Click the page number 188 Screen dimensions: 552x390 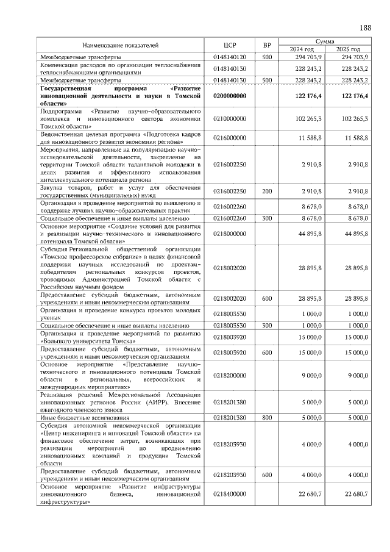(366, 28)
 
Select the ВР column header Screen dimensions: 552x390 (266, 45)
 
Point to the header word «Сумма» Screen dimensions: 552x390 (324, 41)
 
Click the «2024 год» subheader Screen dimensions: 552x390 (302, 49)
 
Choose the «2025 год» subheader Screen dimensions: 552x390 (348, 49)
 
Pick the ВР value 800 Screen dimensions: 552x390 (266, 418)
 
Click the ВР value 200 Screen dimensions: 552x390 (266, 192)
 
